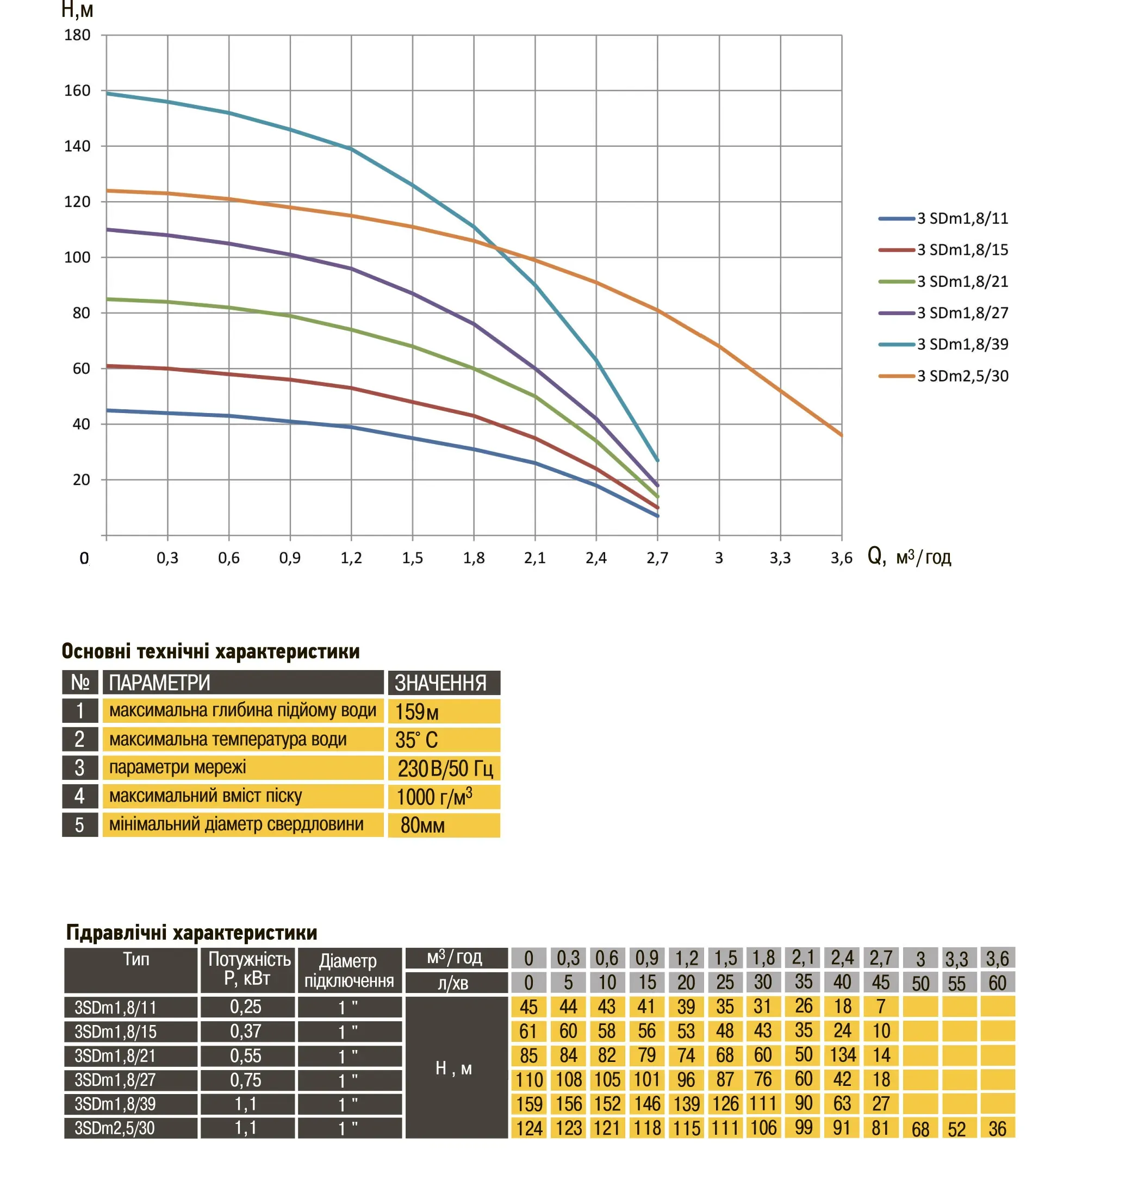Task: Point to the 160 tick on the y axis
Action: point(77,91)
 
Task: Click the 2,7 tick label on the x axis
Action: point(657,558)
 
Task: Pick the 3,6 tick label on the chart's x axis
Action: point(841,558)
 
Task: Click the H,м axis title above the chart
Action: point(77,10)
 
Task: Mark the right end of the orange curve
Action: point(841,434)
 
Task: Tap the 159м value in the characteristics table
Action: point(444,711)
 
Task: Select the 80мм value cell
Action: point(444,825)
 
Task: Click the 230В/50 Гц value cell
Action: point(444,768)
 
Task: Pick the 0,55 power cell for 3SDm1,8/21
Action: point(247,1055)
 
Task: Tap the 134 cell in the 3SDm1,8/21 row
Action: point(842,1055)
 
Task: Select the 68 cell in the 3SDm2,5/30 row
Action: point(920,1129)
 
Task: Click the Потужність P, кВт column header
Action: point(248,968)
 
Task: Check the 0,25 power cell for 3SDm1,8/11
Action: point(247,1007)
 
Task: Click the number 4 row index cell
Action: point(80,796)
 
